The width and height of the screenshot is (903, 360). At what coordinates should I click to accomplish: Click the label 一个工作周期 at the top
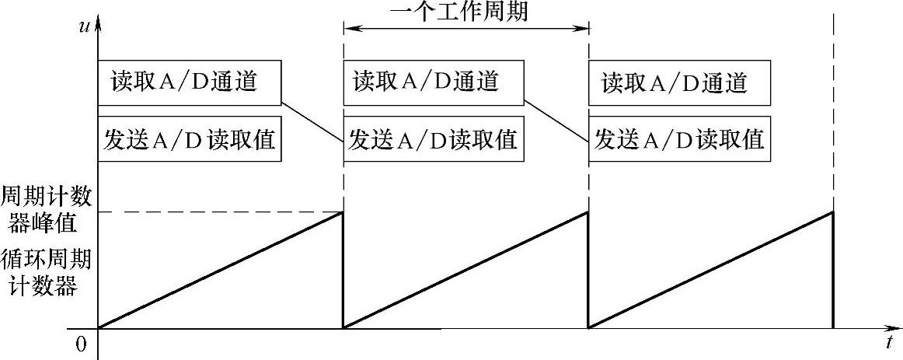465,12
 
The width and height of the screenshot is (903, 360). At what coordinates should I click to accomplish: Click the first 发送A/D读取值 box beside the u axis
189,140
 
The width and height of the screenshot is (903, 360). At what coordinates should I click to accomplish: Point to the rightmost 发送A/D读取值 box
679,140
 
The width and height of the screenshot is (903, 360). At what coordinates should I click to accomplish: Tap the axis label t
888,342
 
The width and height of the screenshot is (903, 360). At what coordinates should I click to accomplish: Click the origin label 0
81,344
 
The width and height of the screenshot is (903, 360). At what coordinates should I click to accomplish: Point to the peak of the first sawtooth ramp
343,212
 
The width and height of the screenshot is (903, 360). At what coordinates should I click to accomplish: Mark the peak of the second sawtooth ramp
588,212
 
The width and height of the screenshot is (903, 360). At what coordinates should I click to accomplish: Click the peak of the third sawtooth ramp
833,212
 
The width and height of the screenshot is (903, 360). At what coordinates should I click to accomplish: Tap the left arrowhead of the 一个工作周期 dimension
349,30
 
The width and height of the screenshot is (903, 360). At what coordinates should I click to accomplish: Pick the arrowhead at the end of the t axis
894,328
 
